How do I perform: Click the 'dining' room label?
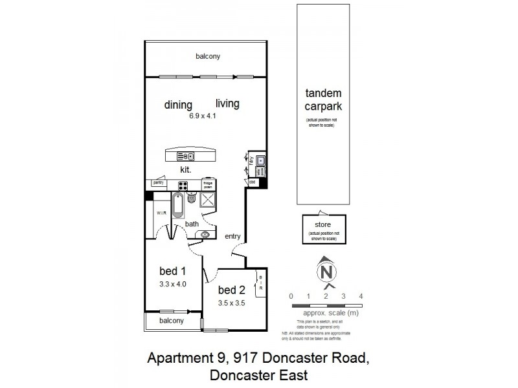[x=178, y=105]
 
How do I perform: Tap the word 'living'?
[x=227, y=103]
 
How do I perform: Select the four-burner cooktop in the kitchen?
[x=183, y=186]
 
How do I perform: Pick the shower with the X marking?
[x=211, y=200]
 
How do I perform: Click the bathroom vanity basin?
[x=206, y=234]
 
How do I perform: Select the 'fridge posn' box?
[x=208, y=184]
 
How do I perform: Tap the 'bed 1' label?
[x=173, y=270]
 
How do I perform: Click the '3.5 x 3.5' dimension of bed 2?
[x=231, y=302]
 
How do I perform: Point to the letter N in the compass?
[x=326, y=271]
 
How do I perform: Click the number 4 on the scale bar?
[x=361, y=296]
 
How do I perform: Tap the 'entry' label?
[x=233, y=237]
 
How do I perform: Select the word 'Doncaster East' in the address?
[x=258, y=375]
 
